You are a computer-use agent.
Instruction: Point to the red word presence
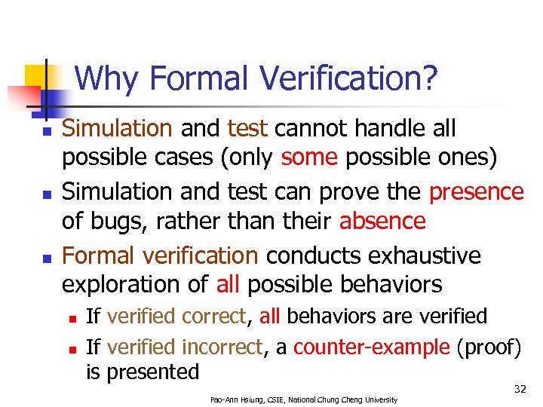click(x=476, y=192)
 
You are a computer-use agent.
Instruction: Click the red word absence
click(x=382, y=222)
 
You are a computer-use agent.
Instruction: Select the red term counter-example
click(x=371, y=347)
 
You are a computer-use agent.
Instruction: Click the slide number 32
click(x=520, y=389)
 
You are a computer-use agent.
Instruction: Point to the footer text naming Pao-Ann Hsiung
click(x=303, y=399)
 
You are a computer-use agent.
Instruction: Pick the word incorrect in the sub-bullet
click(x=222, y=347)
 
